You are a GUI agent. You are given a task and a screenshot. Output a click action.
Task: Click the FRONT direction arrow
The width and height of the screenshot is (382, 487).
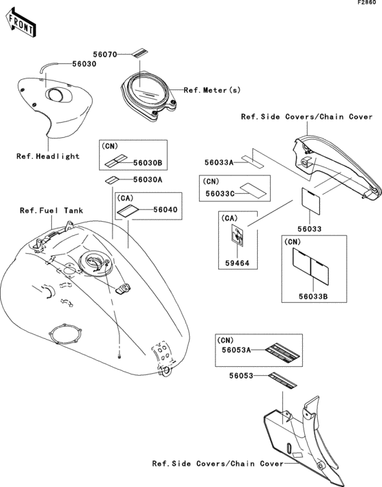pos(21,23)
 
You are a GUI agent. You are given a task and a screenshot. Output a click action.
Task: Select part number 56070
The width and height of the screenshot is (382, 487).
pos(105,55)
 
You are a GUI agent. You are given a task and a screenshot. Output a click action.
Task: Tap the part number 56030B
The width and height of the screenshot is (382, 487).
pos(147,163)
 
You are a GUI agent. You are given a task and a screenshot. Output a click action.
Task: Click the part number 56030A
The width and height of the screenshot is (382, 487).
pos(147,180)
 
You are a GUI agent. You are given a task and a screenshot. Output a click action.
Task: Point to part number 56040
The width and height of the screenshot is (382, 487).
pos(166,209)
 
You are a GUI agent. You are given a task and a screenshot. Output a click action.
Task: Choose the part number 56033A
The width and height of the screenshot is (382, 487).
pos(219,162)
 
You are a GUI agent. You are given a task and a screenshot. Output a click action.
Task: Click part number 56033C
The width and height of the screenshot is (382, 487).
pos(220,194)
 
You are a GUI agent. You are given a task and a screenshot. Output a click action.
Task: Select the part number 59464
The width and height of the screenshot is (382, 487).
pos(237,263)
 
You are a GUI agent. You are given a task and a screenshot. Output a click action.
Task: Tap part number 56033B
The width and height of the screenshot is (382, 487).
pos(313,297)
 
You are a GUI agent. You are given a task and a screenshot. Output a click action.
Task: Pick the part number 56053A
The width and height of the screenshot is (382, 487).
pos(236,350)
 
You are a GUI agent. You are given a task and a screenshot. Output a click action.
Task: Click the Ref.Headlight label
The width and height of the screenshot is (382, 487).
pos(48,156)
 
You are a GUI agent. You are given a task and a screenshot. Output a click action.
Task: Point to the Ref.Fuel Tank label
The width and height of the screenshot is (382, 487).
pos(52,211)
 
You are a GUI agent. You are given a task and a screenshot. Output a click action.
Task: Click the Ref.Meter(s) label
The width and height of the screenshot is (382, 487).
pos(212,90)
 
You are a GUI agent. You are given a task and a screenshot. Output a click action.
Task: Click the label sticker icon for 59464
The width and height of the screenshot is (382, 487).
pos(237,235)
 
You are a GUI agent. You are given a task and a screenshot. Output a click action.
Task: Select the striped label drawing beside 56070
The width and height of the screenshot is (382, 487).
pos(140,53)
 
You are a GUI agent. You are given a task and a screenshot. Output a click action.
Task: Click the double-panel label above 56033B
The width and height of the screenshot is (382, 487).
pos(310,266)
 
